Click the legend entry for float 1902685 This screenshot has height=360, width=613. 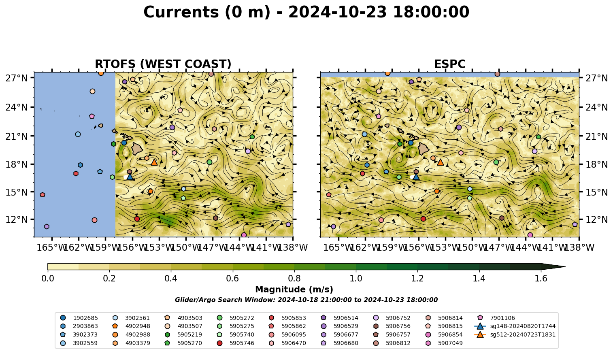point(79,318)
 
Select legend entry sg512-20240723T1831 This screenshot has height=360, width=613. point(515,334)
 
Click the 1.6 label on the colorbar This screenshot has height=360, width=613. point(541,279)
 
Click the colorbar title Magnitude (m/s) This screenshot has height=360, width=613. point(294,290)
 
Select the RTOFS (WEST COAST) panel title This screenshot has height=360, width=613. point(163,64)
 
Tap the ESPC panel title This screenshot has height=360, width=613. point(450,64)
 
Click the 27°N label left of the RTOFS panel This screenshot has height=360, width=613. point(17,78)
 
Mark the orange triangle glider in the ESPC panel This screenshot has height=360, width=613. point(441,162)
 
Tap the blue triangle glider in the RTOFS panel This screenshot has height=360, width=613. point(130,177)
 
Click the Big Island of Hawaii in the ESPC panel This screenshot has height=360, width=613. point(424,149)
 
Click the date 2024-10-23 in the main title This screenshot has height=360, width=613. point(337,12)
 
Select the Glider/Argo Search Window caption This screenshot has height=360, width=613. point(306,300)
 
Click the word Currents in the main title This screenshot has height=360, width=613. point(181,12)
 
